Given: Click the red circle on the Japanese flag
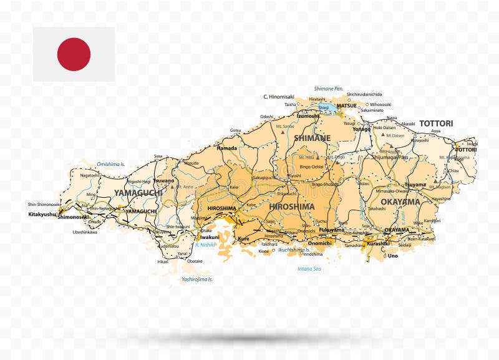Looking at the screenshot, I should pos(74,54).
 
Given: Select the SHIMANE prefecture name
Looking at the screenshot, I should pos(312,138).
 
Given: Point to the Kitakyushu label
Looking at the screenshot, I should pos(42,214).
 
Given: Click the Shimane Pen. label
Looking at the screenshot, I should pos(329,89).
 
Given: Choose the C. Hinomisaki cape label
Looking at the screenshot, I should pos(278,97).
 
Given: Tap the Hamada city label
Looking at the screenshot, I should pos(226,148).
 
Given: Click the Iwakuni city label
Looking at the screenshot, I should pos(210,237).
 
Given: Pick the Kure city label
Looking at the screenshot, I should pos(243,238).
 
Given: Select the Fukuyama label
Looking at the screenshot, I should pos(331,230).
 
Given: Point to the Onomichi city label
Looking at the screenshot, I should pos(319,243).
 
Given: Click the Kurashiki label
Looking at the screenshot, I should pos(378,243).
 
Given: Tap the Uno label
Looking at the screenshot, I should pos(392,255).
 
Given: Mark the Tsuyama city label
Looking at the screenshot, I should pos(415,185).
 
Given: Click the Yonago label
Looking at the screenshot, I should pos(361,129).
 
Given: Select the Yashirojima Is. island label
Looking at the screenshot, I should pos(197,279).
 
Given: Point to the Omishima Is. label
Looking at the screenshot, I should pos(111,164).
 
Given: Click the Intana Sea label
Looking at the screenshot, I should pos(309,269).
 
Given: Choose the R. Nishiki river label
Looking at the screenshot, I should pos(205,245).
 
